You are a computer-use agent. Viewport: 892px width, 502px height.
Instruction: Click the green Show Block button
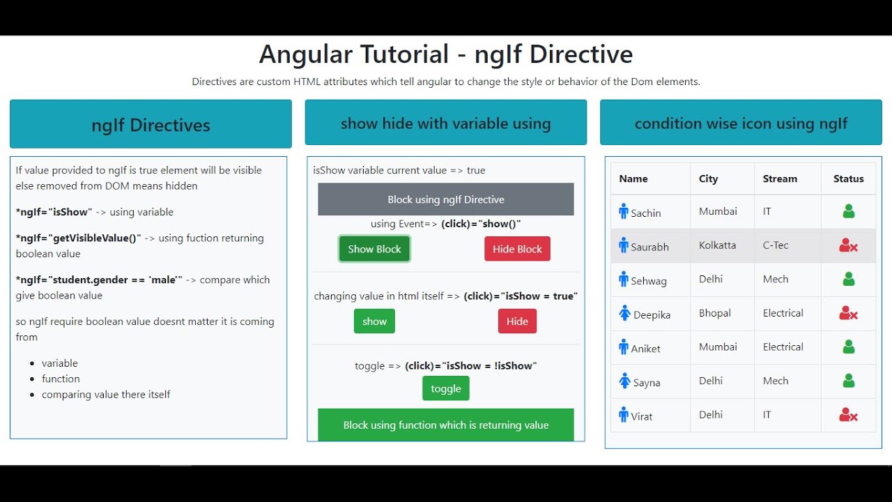pyautogui.click(x=374, y=249)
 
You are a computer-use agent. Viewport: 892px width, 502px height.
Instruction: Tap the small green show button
pyautogui.click(x=374, y=321)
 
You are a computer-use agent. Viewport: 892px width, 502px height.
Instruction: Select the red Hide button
pyautogui.click(x=517, y=321)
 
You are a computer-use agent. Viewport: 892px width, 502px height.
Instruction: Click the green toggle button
pyautogui.click(x=446, y=388)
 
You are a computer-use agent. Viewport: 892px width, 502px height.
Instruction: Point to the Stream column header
pyautogui.click(x=780, y=178)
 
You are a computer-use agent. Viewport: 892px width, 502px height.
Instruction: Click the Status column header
pyautogui.click(x=848, y=178)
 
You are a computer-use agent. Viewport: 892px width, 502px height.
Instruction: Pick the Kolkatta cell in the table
pyautogui.click(x=718, y=245)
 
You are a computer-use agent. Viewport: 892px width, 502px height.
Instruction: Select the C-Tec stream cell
pyautogui.click(x=776, y=245)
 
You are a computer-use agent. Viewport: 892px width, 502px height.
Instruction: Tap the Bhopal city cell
pyautogui.click(x=715, y=313)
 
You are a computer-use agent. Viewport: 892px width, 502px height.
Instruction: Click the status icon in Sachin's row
pyautogui.click(x=848, y=211)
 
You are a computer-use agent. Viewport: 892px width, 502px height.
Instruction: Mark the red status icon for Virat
pyautogui.click(x=848, y=416)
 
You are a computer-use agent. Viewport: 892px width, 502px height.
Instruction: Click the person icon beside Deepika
pyautogui.click(x=624, y=314)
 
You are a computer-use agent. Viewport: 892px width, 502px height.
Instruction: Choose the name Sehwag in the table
pyautogui.click(x=649, y=281)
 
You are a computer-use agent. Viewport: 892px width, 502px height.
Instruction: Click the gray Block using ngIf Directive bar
pyautogui.click(x=446, y=199)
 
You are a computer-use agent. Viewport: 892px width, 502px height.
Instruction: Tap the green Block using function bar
pyautogui.click(x=446, y=425)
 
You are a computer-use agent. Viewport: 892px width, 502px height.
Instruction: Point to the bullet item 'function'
pyautogui.click(x=61, y=379)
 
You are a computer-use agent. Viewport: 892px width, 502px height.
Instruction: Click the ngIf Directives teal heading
pyautogui.click(x=151, y=125)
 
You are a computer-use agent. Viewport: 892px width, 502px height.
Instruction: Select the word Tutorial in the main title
pyautogui.click(x=405, y=54)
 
